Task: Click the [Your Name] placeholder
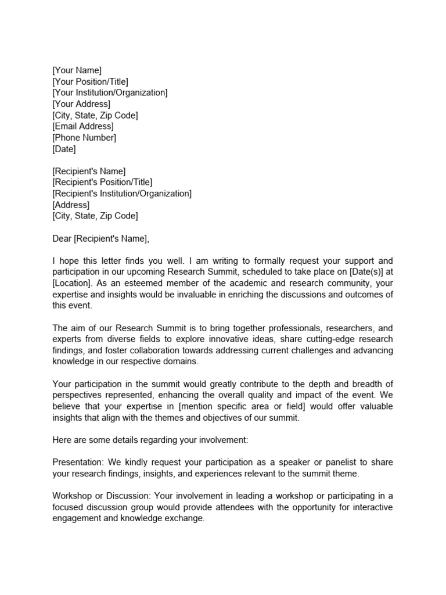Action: pos(77,70)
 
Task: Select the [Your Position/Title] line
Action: pos(90,82)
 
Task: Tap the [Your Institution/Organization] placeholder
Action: pos(110,93)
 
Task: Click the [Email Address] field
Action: pos(83,126)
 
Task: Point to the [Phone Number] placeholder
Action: pos(84,138)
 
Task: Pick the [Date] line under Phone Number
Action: pos(64,149)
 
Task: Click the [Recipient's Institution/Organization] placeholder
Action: pos(121,193)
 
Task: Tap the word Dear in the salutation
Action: pos(62,238)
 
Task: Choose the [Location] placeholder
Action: pos(72,283)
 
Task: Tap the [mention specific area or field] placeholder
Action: pos(258,406)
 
